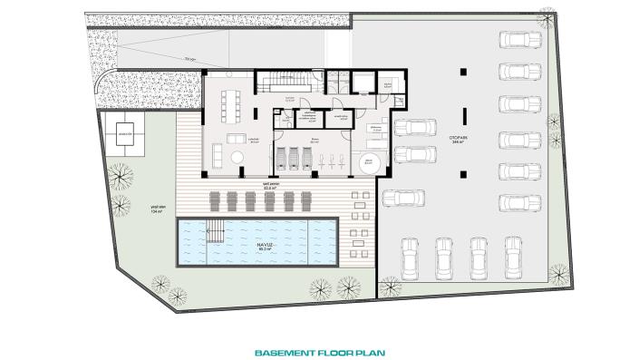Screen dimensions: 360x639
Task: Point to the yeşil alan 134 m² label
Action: click(x=156, y=209)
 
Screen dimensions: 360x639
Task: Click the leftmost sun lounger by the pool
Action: click(x=214, y=199)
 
